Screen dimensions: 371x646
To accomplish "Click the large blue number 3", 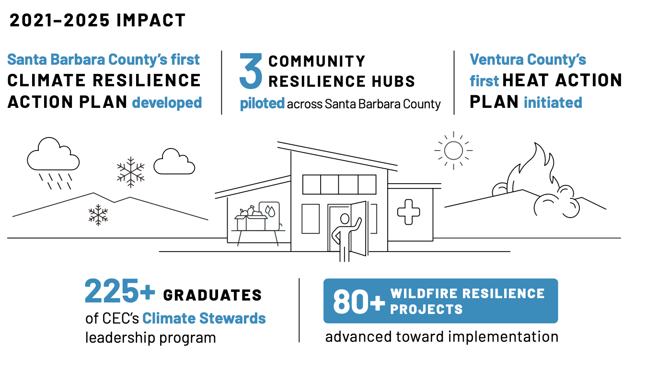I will coord(251,72).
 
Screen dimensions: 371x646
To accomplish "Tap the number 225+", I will coord(120,292).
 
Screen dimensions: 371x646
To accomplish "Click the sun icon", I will coord(453,150).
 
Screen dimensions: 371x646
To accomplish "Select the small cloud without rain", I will coord(173,162).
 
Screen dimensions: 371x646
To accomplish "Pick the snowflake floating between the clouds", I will coord(131,172).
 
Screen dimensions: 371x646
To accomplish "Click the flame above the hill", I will coord(532,168).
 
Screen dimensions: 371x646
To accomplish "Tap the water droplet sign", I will coord(269,211).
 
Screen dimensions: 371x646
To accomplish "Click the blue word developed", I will coord(167,103).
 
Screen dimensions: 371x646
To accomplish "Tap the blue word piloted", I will coord(262,104).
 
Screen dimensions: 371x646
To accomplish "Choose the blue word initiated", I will coord(553,103).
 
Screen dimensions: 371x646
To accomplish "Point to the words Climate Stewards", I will coord(204,318).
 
